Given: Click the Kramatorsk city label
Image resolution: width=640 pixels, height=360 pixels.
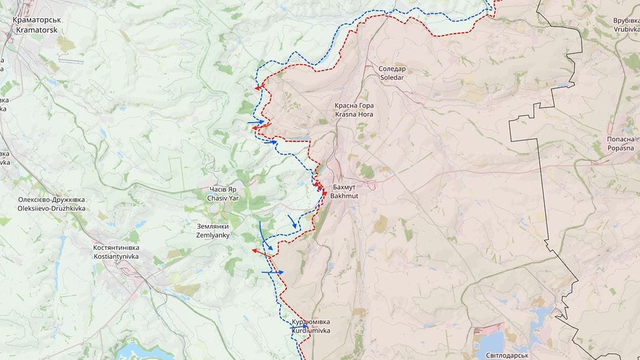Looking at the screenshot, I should click(x=36, y=25).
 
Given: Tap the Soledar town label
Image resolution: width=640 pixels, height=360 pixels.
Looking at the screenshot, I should click(x=392, y=73).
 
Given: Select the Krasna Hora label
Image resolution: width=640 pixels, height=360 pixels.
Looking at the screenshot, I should click(x=354, y=110).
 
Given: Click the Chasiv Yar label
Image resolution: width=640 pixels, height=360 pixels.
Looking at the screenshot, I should click(x=223, y=193).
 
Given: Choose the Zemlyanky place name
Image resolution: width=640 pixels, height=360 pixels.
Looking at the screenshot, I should click(x=212, y=231).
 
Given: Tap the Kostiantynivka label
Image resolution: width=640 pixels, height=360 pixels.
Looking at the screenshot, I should click(x=116, y=252).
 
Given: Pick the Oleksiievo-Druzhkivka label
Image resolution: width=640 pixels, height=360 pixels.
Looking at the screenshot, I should click(x=51, y=204).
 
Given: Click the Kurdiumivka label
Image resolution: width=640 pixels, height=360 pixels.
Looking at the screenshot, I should click(x=311, y=326).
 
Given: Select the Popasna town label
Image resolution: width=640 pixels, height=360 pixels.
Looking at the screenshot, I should click(x=621, y=144).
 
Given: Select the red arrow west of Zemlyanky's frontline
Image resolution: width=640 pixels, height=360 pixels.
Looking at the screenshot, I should click(x=259, y=251).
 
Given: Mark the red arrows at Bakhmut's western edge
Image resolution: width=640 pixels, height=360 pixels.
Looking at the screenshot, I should click(x=321, y=188).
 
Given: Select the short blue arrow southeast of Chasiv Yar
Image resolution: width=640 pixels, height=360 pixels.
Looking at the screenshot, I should click(x=292, y=221).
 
